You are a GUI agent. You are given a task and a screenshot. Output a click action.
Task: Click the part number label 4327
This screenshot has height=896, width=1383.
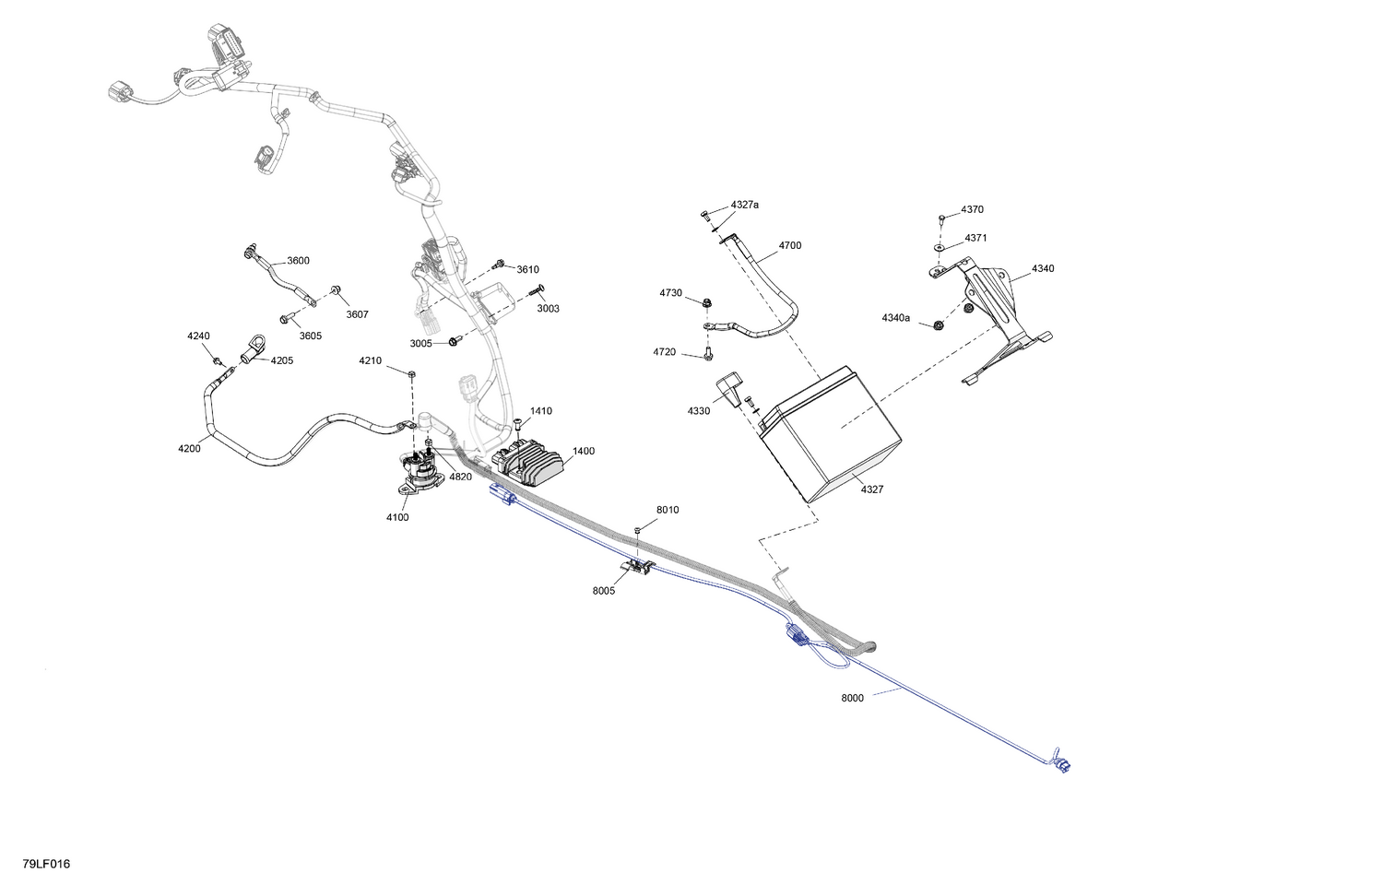[x=872, y=489]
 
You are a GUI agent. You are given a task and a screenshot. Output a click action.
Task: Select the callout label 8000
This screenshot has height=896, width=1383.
[x=852, y=698]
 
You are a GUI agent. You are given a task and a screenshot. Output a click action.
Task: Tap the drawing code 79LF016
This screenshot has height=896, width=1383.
[x=46, y=864]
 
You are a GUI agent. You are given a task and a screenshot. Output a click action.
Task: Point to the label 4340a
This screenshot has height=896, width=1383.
[x=895, y=318]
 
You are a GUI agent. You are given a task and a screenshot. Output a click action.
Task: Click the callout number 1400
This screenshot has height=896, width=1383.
[x=584, y=451]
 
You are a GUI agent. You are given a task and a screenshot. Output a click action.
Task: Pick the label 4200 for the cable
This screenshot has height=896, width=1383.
[x=189, y=449]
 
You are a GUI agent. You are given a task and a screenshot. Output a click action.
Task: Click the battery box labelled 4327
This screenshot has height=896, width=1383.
[x=831, y=434]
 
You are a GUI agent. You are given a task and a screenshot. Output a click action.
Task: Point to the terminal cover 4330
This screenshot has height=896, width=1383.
[x=728, y=389]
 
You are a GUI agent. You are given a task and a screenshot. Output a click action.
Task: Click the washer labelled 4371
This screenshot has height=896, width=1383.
[x=940, y=247]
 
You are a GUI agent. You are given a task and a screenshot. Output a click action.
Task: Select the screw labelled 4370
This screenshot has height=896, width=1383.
[x=942, y=218]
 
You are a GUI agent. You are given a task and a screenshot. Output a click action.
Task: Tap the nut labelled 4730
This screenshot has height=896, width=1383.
[x=706, y=302]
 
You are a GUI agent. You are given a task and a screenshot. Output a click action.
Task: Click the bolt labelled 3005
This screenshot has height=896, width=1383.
[x=455, y=341]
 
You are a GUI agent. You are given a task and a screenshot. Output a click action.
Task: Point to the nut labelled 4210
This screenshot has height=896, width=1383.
[x=412, y=373]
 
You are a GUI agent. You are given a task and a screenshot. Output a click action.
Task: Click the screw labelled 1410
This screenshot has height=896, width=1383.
[x=518, y=424]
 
